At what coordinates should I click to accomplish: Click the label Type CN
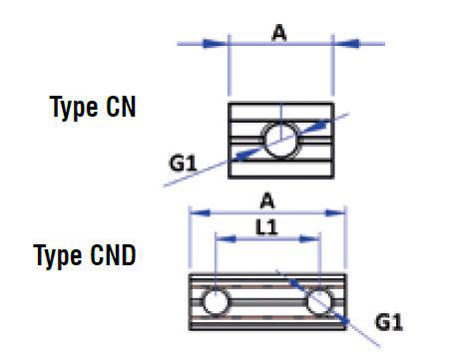pyautogui.click(x=93, y=107)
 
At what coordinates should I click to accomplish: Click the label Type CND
pyautogui.click(x=85, y=255)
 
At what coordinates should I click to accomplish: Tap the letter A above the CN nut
pyautogui.click(x=279, y=33)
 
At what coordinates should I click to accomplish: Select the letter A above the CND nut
pyautogui.click(x=266, y=198)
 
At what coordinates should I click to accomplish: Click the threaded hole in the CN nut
pyautogui.click(x=278, y=138)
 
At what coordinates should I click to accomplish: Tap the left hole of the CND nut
pyautogui.click(x=213, y=300)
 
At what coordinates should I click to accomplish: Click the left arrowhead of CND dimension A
pyautogui.click(x=201, y=211)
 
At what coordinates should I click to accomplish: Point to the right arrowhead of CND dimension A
pyautogui.click(x=334, y=211)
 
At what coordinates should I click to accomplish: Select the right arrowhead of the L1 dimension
pyautogui.click(x=309, y=239)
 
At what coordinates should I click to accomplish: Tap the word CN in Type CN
pyautogui.click(x=119, y=107)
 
